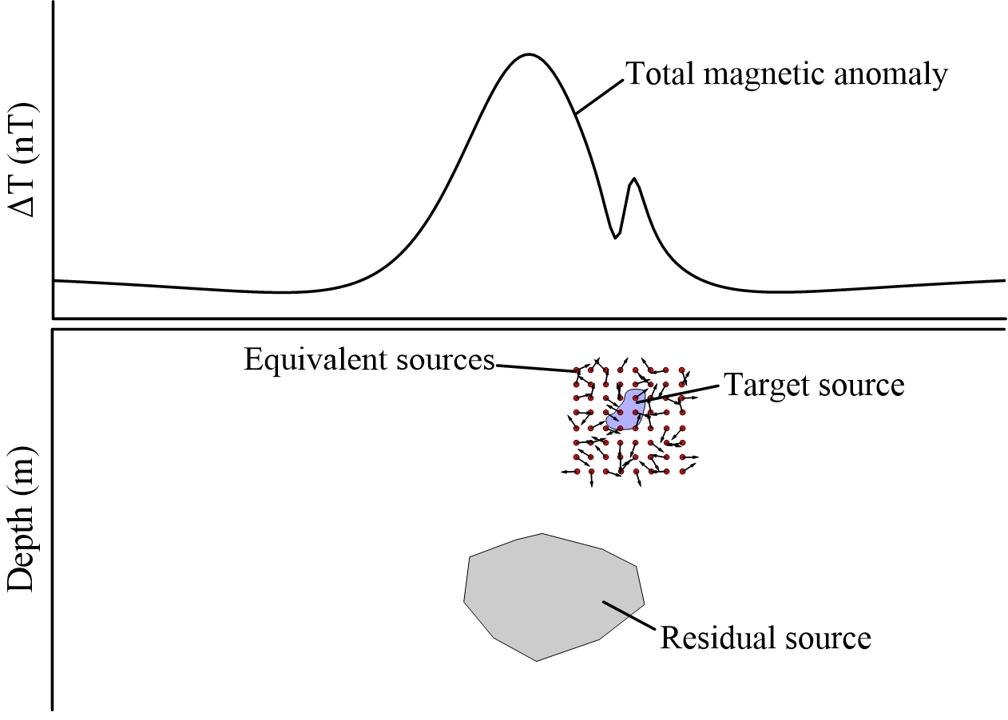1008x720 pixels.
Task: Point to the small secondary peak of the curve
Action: (x=633, y=180)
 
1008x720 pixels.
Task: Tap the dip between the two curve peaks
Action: (x=615, y=236)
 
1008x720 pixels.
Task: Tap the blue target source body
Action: (x=627, y=411)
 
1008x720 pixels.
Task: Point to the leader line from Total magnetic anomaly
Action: (x=599, y=95)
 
